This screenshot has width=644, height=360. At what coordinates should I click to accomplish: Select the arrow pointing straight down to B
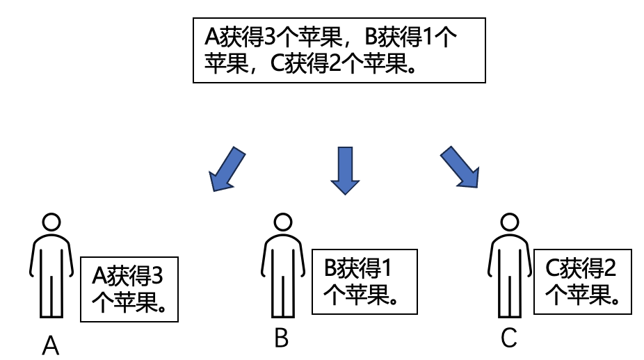(x=345, y=169)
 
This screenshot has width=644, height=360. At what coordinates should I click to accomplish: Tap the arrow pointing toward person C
(x=460, y=167)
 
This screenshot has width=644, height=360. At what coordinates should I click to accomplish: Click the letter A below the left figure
(x=51, y=345)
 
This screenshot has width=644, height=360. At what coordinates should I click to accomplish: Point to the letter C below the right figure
(x=509, y=338)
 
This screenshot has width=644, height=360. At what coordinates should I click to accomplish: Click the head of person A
(x=51, y=222)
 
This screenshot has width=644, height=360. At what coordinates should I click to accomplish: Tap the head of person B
(x=282, y=222)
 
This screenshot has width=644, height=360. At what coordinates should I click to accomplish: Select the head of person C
(x=510, y=222)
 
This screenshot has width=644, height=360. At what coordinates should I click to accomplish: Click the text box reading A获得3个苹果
(x=130, y=289)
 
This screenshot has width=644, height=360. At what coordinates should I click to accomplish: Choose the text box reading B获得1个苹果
(x=364, y=281)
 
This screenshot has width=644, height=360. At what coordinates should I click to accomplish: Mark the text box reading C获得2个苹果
(x=583, y=281)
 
